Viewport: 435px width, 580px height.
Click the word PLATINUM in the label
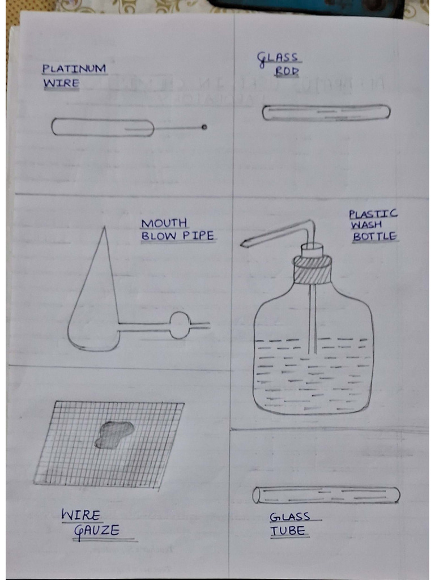74,69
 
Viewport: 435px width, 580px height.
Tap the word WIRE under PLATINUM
60,84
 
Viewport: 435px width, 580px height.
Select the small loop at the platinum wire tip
204,127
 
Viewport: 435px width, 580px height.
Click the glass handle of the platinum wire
103,127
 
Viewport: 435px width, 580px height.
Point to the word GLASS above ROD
278,58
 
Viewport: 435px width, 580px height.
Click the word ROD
287,71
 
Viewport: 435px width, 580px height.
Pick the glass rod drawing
326,113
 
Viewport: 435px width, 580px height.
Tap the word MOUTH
164,224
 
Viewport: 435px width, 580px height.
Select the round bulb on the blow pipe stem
180,325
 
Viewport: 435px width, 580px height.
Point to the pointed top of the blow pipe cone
104,228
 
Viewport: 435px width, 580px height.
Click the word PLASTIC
373,214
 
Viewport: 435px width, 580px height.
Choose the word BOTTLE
374,237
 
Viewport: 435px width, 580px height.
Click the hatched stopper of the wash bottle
312,271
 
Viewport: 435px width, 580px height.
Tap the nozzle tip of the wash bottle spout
242,244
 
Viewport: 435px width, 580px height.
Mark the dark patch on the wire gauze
113,434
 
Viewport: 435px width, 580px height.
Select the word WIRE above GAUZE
81,515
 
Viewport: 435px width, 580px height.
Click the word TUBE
288,531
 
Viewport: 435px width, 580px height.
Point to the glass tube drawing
326,495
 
